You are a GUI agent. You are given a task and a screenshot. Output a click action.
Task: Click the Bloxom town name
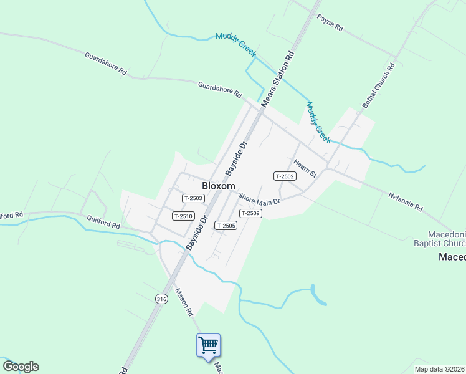click(x=219, y=186)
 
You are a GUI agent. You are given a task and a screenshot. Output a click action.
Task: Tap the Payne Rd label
click(x=330, y=23)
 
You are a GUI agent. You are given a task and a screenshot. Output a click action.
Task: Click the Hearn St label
click(x=305, y=168)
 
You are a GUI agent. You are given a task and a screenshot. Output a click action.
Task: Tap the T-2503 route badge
click(x=193, y=198)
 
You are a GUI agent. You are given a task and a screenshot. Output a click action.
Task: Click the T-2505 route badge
click(x=226, y=225)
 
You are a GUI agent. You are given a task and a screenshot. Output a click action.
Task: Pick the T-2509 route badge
click(x=250, y=213)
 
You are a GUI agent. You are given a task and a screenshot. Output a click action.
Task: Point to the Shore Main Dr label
click(x=259, y=198)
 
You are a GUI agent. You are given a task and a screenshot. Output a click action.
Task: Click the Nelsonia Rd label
click(x=406, y=201)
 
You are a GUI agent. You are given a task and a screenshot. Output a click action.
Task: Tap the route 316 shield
click(x=162, y=299)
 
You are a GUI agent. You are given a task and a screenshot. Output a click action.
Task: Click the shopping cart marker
click(x=208, y=344)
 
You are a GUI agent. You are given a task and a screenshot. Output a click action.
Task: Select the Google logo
click(x=21, y=367)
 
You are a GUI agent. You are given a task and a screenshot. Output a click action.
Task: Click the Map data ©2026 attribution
click(x=439, y=369)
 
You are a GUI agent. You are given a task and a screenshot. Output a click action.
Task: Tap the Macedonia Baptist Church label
click(x=440, y=239)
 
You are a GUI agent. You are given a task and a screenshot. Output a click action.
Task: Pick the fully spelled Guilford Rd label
click(x=103, y=222)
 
